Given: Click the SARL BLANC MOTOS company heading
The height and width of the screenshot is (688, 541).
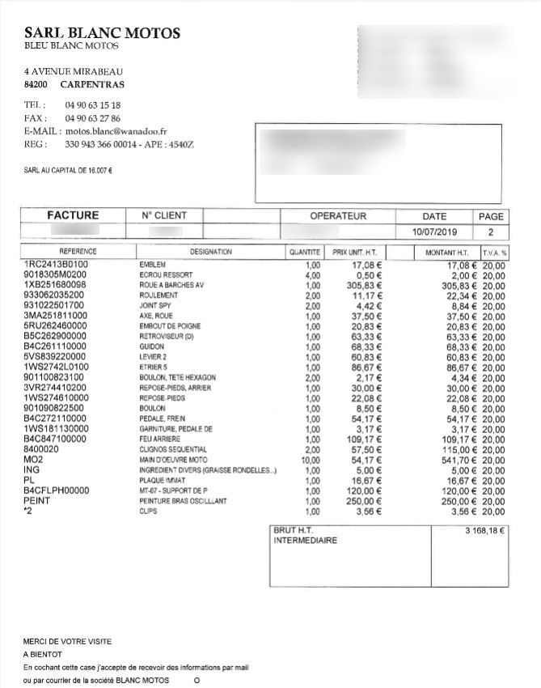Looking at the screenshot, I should coord(102,33).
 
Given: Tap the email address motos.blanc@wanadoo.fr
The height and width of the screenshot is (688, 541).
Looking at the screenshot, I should coord(116,131).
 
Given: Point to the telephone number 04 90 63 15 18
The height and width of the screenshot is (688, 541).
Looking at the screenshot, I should coord(93,105).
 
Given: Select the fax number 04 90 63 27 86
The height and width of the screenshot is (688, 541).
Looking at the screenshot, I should coord(93,118).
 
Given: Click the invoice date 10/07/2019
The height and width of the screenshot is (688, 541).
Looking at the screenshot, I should coord(434,231).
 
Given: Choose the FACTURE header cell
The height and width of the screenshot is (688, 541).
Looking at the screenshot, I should coord(73,215).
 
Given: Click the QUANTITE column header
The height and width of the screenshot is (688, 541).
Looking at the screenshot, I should coord(305,253).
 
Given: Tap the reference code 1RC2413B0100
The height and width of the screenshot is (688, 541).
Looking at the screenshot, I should coord(56,265).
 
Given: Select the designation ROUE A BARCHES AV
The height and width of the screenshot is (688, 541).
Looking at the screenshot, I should coord(172,285).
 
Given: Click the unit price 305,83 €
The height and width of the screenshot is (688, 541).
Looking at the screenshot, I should coord(366,285).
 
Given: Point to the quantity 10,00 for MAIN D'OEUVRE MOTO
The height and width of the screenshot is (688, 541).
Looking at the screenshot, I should coord(311,460).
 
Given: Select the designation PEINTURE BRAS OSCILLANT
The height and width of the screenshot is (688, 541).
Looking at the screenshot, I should coord(183,501).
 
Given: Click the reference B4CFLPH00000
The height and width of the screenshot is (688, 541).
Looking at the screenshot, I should coord(57,491).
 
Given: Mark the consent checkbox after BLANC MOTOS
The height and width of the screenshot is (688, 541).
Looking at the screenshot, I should coord(197,680).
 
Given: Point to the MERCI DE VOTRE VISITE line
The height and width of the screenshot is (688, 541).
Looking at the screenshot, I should coord(67,641).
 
